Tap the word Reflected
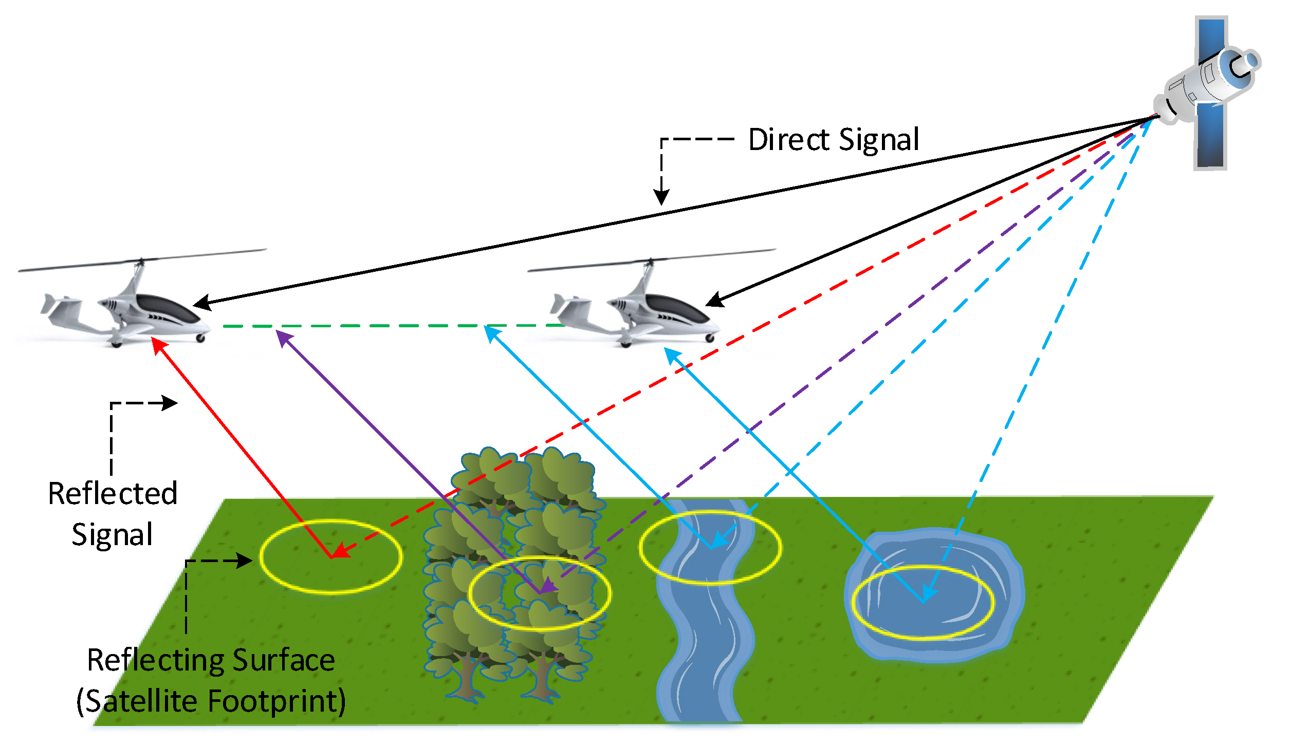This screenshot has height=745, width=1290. pyautogui.click(x=113, y=494)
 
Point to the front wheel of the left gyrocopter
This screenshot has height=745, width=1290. pyautogui.click(x=201, y=338)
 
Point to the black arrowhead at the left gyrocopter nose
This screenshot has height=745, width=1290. pyautogui.click(x=201, y=304)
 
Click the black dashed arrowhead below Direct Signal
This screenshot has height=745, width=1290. pyautogui.click(x=661, y=198)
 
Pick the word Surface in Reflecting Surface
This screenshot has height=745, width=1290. pyautogui.click(x=284, y=660)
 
